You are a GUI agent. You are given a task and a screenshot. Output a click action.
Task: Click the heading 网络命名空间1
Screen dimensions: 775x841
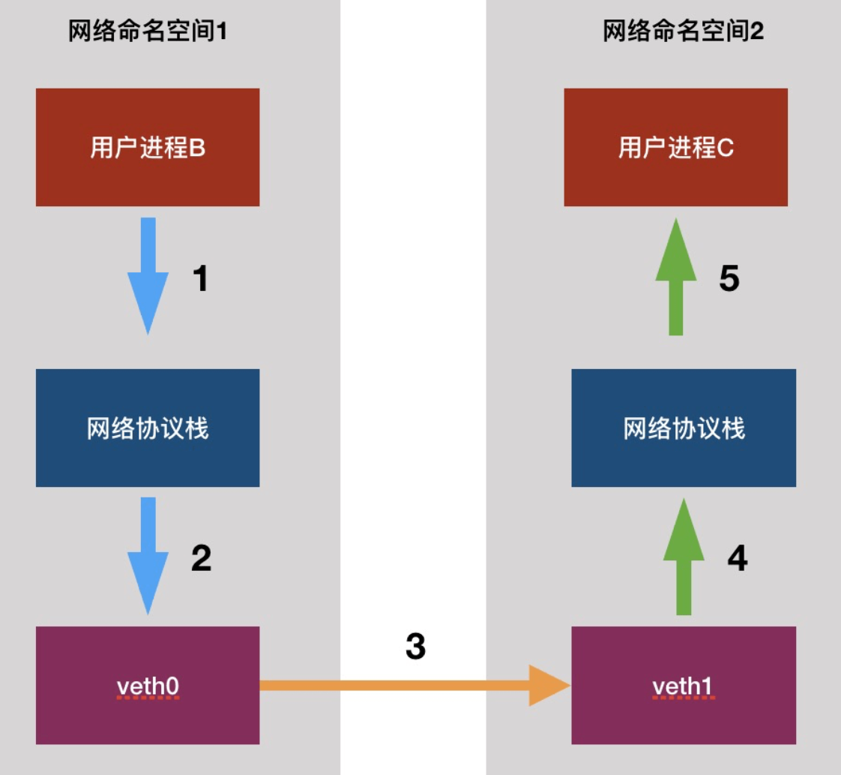(147, 32)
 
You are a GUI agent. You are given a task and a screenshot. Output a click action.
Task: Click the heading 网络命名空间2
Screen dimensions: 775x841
(683, 32)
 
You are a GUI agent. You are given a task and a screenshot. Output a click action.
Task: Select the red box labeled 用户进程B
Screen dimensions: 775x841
(148, 147)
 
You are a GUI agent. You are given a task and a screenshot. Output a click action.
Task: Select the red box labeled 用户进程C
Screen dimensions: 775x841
(675, 147)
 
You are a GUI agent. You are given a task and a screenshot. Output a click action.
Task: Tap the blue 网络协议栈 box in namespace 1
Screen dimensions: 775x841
(148, 428)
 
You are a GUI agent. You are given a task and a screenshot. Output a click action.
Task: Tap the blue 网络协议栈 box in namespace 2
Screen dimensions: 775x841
(683, 428)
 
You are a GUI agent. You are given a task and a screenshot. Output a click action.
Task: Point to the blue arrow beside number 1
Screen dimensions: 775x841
(148, 278)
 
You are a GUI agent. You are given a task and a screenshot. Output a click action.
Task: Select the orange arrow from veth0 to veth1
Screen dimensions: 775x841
(412, 685)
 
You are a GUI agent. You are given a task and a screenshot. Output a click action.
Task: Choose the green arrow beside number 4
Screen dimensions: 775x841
(684, 557)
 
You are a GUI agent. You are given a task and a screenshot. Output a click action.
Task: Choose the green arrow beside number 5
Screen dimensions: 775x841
(676, 278)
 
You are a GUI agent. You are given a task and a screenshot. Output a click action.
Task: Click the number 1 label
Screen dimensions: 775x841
(200, 279)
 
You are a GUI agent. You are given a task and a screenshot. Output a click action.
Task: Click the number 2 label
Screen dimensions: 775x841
(201, 558)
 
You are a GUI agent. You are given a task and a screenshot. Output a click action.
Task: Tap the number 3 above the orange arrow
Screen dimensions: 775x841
(415, 646)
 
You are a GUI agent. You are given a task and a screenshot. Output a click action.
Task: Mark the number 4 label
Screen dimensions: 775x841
(738, 558)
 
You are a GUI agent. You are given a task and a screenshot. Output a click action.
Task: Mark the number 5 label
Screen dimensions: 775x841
(729, 279)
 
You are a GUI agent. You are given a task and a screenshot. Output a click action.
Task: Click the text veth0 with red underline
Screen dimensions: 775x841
(148, 686)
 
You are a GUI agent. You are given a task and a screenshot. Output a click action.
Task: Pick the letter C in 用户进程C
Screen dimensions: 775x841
(725, 148)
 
